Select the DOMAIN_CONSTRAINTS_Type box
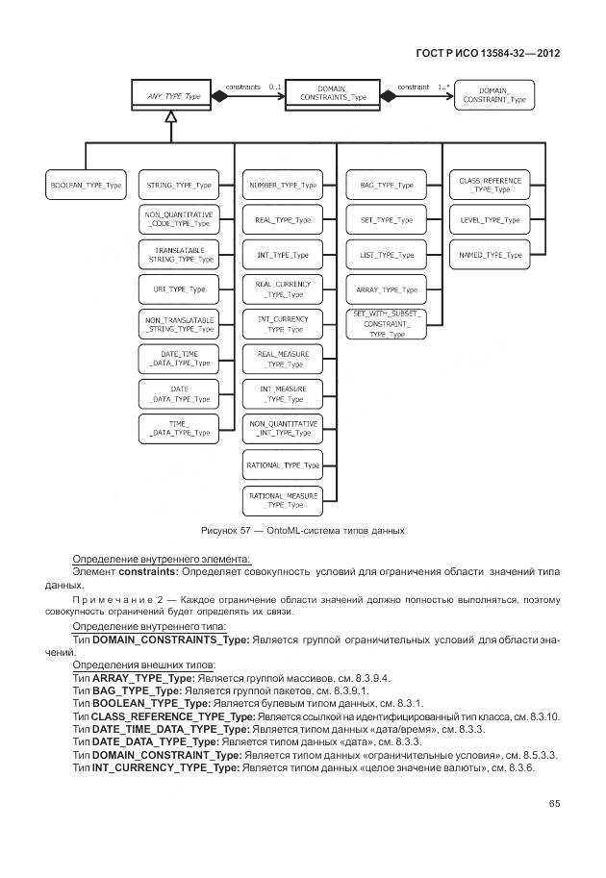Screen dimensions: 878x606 [x=333, y=95]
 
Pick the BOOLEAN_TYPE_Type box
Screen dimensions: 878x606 [x=86, y=184]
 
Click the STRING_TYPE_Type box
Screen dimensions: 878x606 [x=178, y=184]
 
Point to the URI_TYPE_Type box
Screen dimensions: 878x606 [x=178, y=288]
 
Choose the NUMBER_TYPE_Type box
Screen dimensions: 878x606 [x=283, y=184]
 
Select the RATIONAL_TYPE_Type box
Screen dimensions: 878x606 [x=283, y=464]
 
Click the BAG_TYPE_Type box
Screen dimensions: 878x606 [x=386, y=184]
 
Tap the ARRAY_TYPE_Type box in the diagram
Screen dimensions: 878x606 [x=386, y=288]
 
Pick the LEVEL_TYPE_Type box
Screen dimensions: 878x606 [x=490, y=220]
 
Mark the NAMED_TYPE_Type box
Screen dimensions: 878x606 [x=490, y=255]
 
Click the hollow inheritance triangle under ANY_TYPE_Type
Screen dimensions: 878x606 [x=168, y=117]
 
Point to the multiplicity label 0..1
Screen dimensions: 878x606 [x=275, y=87]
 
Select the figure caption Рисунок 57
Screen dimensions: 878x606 [x=302, y=530]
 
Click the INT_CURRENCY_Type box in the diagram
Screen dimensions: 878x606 [x=283, y=324]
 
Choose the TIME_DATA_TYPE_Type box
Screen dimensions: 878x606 [x=178, y=428]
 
